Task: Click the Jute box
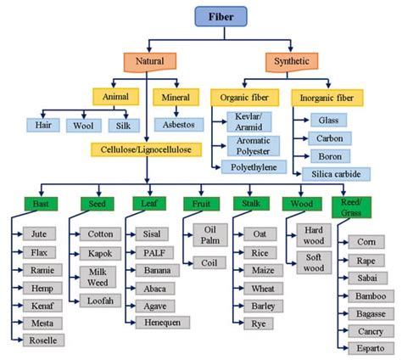coord(41,233)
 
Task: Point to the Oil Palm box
coord(210,234)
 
